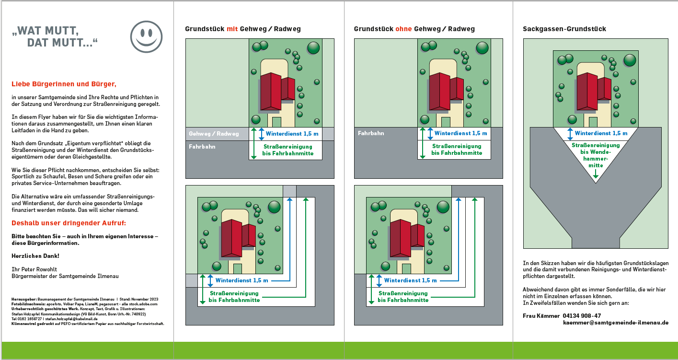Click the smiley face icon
(146, 36)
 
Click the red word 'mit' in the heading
(232, 29)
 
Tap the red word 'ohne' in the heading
(403, 29)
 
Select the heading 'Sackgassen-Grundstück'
(564, 29)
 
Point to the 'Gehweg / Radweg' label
(214, 134)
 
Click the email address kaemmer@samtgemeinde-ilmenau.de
(616, 323)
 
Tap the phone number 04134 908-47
(582, 316)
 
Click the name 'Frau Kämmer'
(541, 316)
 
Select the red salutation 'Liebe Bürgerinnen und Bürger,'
(64, 84)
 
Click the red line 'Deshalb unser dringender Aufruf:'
(69, 223)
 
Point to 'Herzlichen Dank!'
(35, 256)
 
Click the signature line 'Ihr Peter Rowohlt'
(34, 269)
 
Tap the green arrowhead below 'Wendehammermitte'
(596, 176)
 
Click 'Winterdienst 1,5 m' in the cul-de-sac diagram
(601, 133)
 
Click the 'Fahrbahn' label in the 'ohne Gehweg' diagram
(371, 133)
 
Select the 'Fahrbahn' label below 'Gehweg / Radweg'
(202, 147)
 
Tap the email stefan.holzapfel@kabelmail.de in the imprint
(71, 319)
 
